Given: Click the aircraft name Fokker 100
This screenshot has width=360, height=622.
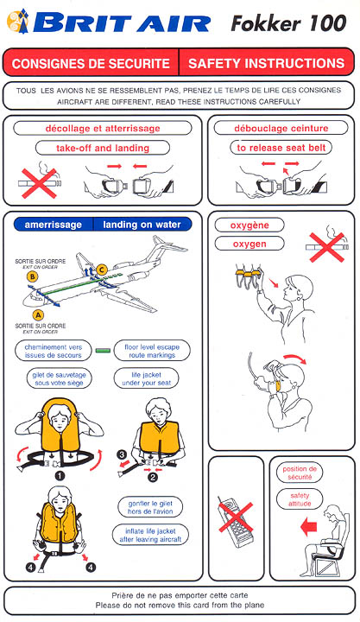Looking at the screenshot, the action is pos(288,23).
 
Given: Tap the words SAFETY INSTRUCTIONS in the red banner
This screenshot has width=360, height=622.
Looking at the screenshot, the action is pos(267,63).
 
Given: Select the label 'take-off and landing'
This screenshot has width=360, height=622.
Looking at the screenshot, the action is pos(103,148).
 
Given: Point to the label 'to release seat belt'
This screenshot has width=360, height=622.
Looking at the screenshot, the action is pos(281,148).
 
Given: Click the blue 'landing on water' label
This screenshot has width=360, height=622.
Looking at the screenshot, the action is pos(142,225).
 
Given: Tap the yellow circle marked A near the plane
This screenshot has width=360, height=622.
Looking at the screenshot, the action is pos(38,315).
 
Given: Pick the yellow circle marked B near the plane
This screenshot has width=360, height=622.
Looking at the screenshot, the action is pos(33,276).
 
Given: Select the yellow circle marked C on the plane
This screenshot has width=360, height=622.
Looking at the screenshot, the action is pos(102,270).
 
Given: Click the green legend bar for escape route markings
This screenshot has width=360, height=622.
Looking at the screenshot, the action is pos(103,351).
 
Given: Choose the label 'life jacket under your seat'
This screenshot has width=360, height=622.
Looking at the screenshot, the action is pos(146,379).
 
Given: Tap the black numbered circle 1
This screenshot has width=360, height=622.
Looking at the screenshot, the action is pos(60,476).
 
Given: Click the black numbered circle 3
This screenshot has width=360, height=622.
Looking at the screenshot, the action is pos(123,454).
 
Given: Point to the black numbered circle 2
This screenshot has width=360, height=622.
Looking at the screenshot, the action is pos(153,477).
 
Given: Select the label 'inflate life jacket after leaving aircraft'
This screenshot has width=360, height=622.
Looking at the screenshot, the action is pos(150,535).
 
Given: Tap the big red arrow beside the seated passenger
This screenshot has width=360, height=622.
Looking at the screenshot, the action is pos(309,528).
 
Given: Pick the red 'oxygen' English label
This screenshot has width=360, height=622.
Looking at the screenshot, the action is pos(249,244).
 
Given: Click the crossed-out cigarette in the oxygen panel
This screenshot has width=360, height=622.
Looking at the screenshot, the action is pos(327,247).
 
